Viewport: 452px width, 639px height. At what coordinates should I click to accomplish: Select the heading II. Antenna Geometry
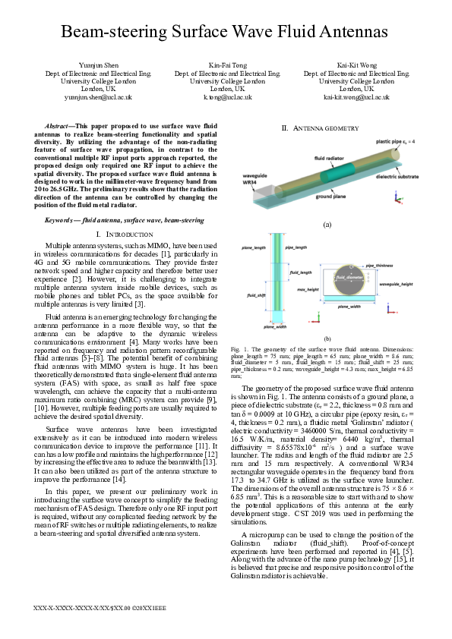pos(321,128)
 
